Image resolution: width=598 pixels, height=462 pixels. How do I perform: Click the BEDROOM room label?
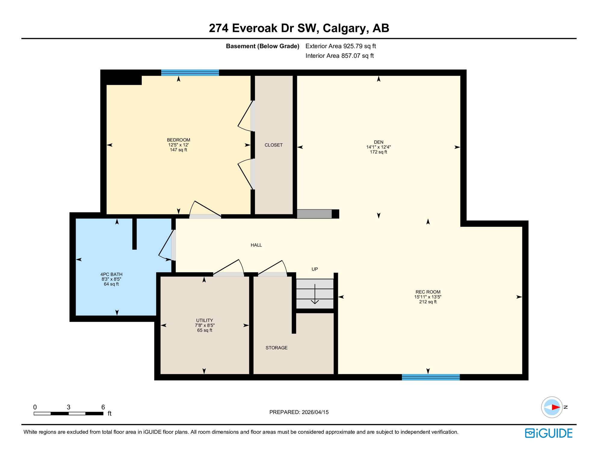[178, 140]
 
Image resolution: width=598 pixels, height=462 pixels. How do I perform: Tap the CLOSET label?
[273, 145]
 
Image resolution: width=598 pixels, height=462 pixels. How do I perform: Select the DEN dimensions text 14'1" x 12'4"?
[378, 147]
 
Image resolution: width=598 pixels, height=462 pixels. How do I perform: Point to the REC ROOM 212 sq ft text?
[427, 302]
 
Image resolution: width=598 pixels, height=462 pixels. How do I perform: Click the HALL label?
[256, 245]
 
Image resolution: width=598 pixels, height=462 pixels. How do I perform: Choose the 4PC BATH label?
[111, 274]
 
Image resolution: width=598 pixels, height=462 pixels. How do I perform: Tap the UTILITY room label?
[205, 320]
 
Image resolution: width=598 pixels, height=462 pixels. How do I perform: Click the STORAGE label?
[276, 348]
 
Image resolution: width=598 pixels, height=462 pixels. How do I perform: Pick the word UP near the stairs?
[314, 269]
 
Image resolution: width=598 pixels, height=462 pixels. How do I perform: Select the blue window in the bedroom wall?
[190, 72]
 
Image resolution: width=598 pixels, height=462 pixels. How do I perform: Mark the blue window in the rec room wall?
[430, 377]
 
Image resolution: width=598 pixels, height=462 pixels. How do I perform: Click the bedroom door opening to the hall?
[205, 211]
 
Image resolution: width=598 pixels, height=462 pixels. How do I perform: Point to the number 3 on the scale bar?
[69, 407]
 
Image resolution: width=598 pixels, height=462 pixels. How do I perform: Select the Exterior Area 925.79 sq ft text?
[341, 46]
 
